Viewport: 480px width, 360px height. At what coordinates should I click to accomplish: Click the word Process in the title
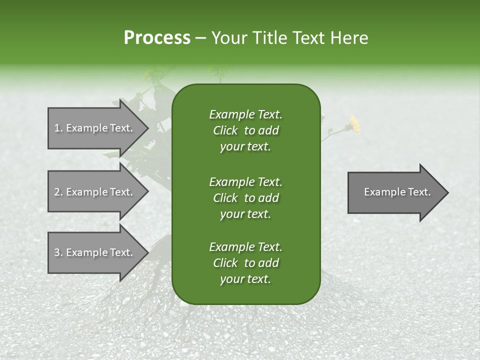click(157, 38)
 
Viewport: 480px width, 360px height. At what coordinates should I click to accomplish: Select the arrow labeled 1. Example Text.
click(93, 128)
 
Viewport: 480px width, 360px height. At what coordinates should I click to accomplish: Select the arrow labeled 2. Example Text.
click(93, 192)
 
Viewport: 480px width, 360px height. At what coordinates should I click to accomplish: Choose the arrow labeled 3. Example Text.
click(93, 252)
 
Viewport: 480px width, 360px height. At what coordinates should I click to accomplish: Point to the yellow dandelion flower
click(354, 124)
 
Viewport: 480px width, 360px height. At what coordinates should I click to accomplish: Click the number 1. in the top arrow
click(58, 128)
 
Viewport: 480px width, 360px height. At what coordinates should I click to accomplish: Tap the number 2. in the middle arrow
click(58, 192)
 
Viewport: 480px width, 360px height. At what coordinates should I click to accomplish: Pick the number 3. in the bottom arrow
click(58, 252)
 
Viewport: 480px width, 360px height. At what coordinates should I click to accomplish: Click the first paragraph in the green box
click(245, 130)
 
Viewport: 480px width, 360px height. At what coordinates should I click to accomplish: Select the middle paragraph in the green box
click(245, 197)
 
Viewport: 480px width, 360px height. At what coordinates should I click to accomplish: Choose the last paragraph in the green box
click(245, 263)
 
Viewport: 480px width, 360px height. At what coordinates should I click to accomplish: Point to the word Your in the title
click(228, 38)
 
